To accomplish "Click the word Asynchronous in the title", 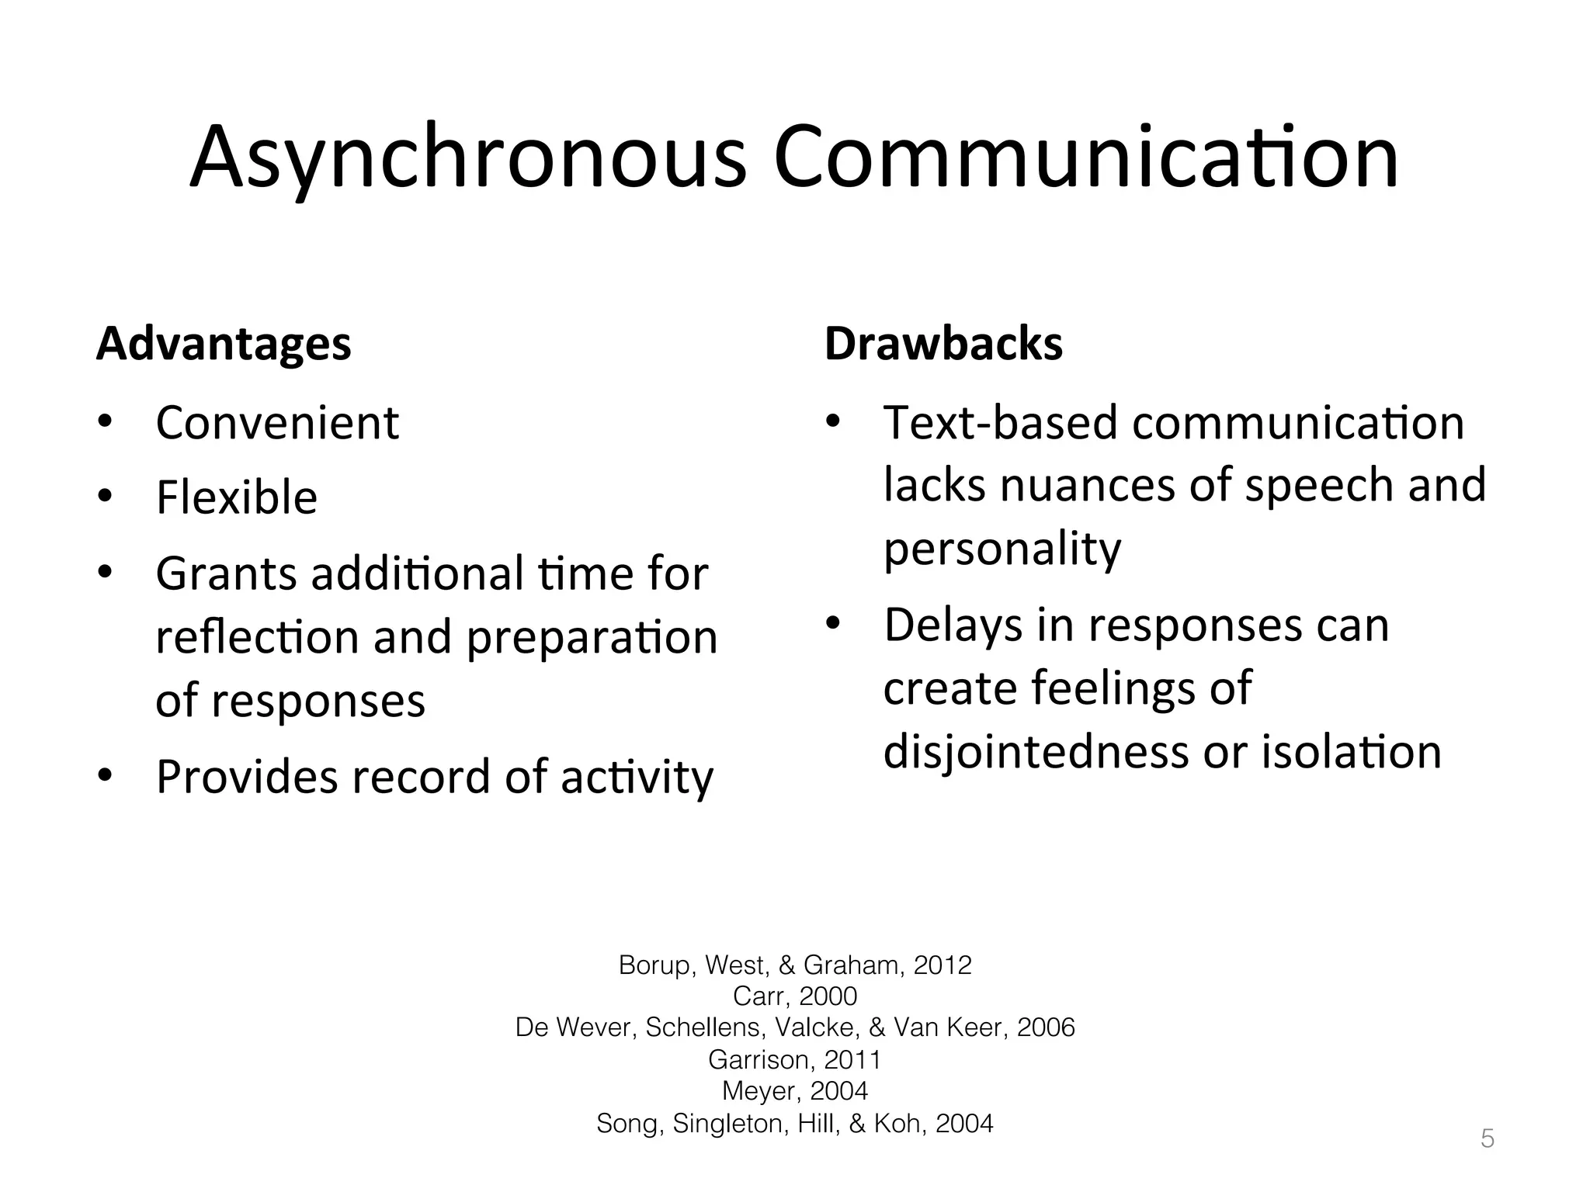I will [467, 159].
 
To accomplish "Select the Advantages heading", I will [224, 344].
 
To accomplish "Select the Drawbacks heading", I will [943, 344].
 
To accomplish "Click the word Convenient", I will [277, 424].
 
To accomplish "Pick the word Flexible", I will [237, 497].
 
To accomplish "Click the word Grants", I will [226, 574].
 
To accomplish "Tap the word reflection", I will [256, 638].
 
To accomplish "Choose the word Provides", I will [247, 777].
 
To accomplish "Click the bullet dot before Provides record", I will [106, 776].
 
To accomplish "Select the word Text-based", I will [1001, 424].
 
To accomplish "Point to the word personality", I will [1002, 549].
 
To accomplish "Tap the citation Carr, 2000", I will [795, 996].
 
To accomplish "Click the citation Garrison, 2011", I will [795, 1059].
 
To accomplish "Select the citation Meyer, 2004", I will [795, 1091].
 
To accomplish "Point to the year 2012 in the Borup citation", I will [943, 965].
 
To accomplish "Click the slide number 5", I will [1487, 1139].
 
